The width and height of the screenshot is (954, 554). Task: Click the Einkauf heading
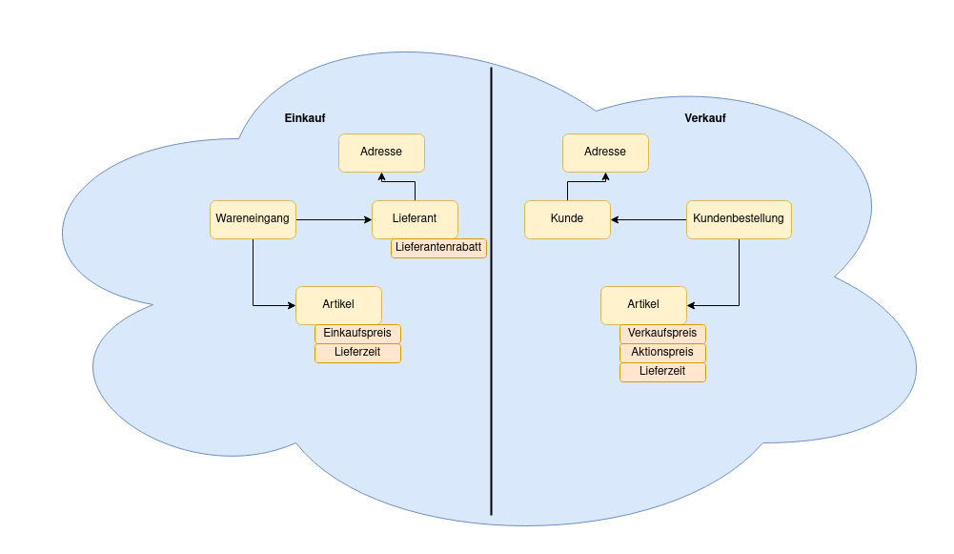coord(305,118)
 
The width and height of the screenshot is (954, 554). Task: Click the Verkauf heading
coord(704,118)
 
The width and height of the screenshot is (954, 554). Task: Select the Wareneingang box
coord(253,219)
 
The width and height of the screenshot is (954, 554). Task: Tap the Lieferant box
coord(415,219)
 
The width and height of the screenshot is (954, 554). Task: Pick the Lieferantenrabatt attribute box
coord(438,248)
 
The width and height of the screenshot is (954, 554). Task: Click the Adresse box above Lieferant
coord(381,153)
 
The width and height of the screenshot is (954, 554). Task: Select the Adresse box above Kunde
coord(605,153)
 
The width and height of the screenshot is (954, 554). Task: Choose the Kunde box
coord(567,219)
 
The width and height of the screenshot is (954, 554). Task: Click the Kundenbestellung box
coord(739,219)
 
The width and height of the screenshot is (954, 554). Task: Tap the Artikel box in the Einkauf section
coord(338,305)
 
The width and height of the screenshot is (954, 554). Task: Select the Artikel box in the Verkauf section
coord(643,305)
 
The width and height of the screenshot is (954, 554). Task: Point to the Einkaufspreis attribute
coord(357,334)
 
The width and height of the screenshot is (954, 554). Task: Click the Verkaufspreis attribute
coord(662,334)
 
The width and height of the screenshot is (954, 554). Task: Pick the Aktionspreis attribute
coord(662,353)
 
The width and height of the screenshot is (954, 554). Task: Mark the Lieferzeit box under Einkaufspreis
coord(357,353)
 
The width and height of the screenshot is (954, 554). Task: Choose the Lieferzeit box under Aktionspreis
coord(662,372)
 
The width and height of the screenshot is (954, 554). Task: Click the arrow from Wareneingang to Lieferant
coord(334,220)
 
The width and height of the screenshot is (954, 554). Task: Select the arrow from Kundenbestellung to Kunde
coord(648,220)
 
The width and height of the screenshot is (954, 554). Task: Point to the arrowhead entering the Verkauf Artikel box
coord(692,306)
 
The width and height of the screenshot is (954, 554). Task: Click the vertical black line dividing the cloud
coord(492,381)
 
